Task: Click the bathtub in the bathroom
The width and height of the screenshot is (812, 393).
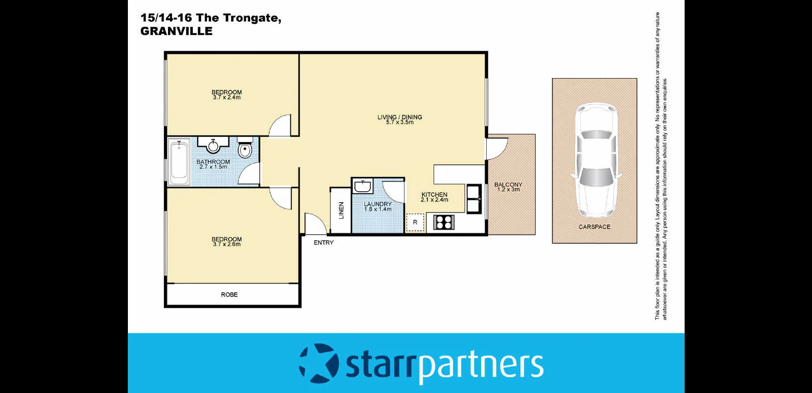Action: coord(179,162)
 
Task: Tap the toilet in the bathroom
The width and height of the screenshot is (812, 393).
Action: coord(245,149)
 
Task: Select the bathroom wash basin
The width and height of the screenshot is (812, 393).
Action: coord(213,146)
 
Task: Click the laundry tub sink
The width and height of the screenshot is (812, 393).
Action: coord(362,186)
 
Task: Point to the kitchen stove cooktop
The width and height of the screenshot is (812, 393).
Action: coord(444,222)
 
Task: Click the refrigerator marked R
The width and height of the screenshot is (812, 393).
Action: coord(415,223)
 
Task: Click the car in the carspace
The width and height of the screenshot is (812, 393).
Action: coord(596,160)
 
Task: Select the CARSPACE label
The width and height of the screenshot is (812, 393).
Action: coord(594,227)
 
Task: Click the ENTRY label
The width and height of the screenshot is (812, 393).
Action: coord(324,243)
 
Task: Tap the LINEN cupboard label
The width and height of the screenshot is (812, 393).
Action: coord(341,210)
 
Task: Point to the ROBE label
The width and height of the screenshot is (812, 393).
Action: coord(229,295)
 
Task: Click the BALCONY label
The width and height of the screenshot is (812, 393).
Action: coord(508,185)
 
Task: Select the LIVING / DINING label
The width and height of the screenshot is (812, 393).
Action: coord(399,117)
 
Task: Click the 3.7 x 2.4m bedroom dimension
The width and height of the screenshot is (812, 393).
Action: coord(227,97)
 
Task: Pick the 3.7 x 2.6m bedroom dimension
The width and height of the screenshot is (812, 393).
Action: coord(227,244)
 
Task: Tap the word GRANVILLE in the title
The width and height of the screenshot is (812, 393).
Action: coord(177,31)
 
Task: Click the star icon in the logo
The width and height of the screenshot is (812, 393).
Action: coord(319,363)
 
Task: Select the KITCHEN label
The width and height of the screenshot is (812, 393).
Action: coord(434,195)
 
